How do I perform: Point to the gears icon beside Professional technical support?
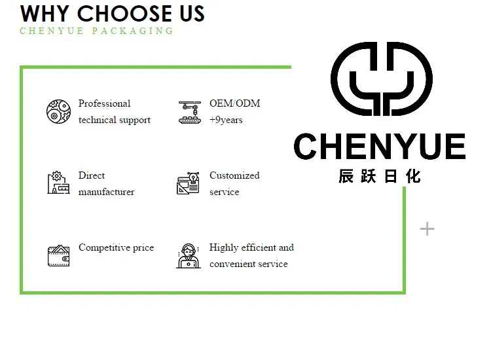click(x=58, y=111)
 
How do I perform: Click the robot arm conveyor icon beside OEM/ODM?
click(x=190, y=112)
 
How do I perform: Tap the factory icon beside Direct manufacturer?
click(x=58, y=183)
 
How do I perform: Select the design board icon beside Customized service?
click(x=189, y=183)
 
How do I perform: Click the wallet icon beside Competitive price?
click(x=58, y=255)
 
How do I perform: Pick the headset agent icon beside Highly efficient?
click(x=189, y=255)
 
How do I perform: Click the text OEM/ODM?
click(x=234, y=103)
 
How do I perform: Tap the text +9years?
click(x=226, y=120)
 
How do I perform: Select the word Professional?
click(x=104, y=103)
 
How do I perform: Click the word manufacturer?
click(x=106, y=192)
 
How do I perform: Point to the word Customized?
click(x=234, y=175)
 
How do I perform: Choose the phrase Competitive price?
click(x=116, y=247)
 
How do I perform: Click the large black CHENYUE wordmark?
click(x=379, y=147)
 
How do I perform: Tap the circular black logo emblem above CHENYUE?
click(x=381, y=79)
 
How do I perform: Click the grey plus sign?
click(x=427, y=228)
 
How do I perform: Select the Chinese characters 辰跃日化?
click(x=380, y=176)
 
